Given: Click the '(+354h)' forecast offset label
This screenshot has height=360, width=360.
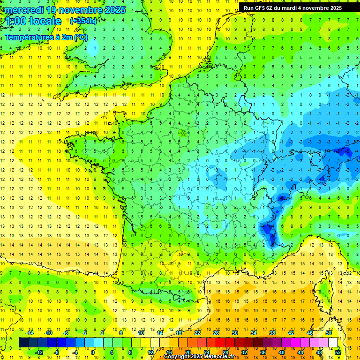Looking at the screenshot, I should [x=83, y=21].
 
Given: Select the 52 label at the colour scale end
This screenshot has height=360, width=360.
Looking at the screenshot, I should [x=338, y=352].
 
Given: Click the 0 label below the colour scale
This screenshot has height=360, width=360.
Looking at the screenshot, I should [x=93, y=352].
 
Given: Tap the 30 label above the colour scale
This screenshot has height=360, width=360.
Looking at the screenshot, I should [x=234, y=333].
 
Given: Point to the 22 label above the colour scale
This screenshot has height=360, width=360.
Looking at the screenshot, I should [x=197, y=333].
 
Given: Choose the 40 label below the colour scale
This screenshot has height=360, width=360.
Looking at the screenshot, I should [x=281, y=352].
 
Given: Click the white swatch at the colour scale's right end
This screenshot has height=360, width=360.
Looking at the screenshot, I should [x=333, y=343].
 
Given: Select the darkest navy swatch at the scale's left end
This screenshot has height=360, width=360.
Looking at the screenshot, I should [x=23, y=343].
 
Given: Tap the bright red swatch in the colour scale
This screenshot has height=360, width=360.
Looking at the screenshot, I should [x=221, y=343].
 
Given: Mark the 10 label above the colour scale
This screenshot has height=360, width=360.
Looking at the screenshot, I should [x=141, y=333].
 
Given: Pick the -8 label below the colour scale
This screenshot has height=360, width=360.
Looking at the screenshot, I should [x=57, y=352].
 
